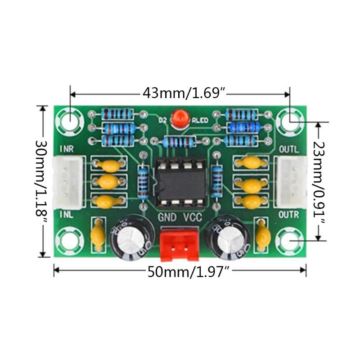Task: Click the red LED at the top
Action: point(180,118)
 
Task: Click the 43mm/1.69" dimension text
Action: point(184,93)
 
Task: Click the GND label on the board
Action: point(166,217)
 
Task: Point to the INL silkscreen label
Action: point(67,215)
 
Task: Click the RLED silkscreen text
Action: point(200,120)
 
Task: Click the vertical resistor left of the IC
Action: point(144,182)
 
